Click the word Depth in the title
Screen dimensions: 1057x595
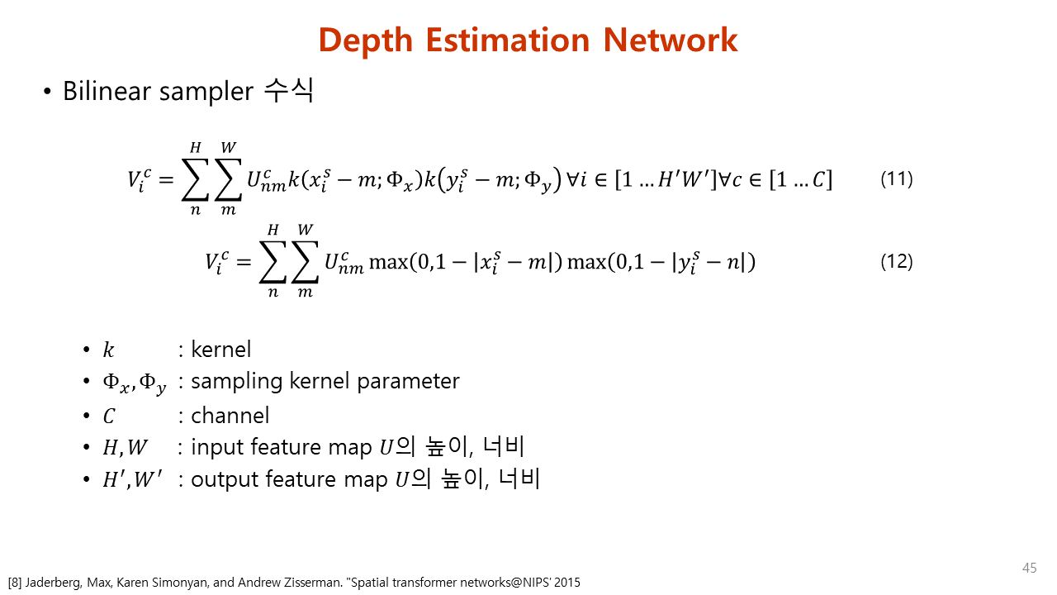pos(366,41)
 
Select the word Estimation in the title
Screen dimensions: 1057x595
pos(508,40)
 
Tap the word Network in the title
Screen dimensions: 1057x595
pos(670,40)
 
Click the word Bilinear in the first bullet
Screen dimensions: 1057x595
pos(107,91)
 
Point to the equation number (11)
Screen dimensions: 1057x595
pos(897,179)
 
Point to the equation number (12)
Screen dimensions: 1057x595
pos(897,261)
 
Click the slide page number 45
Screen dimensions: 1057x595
pos(1029,568)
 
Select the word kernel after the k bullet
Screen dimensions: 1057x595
pos(220,350)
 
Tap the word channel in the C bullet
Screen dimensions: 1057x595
pos(230,416)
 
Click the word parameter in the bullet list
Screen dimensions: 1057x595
pos(408,382)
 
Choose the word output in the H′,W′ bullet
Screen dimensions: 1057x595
pos(224,480)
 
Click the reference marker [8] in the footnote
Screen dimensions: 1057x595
pos(15,583)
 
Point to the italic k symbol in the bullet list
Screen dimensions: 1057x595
pos(108,350)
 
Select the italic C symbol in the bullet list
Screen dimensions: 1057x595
pos(109,416)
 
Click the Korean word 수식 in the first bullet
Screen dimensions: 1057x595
pos(289,90)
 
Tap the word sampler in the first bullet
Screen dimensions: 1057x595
pos(206,92)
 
